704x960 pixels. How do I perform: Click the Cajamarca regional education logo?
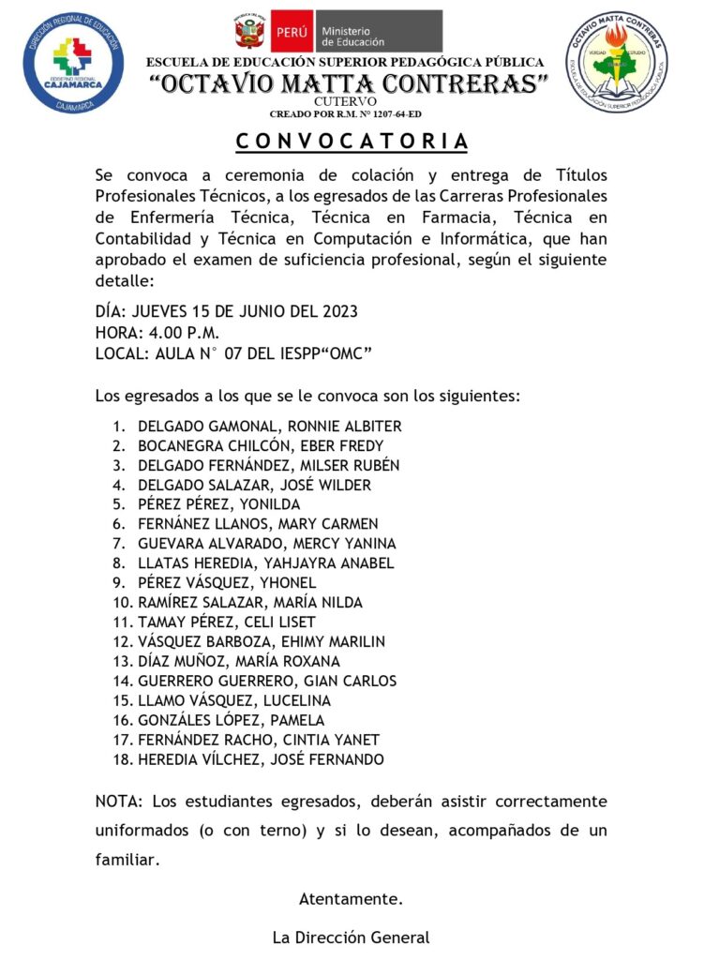pyautogui.click(x=73, y=62)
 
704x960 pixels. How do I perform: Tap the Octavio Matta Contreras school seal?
pyautogui.click(x=616, y=62)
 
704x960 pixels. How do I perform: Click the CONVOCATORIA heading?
pyautogui.click(x=351, y=142)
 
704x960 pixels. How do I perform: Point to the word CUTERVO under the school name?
pyautogui.click(x=346, y=101)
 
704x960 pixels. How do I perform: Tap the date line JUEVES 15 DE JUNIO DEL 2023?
pyautogui.click(x=227, y=312)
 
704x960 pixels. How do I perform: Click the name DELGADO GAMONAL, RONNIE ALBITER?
pyautogui.click(x=269, y=426)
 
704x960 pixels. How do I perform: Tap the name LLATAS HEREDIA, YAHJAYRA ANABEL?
pyautogui.click(x=265, y=563)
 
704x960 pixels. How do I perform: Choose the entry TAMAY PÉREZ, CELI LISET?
pyautogui.click(x=226, y=622)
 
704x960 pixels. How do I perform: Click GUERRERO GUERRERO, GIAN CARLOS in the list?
pyautogui.click(x=266, y=681)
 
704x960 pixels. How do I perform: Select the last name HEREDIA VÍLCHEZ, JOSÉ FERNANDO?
pyautogui.click(x=261, y=759)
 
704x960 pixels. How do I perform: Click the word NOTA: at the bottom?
pyautogui.click(x=118, y=802)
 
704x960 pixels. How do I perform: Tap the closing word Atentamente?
pyautogui.click(x=351, y=899)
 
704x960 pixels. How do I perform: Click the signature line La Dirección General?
pyautogui.click(x=351, y=937)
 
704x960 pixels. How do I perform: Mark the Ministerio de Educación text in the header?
pyautogui.click(x=352, y=36)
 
